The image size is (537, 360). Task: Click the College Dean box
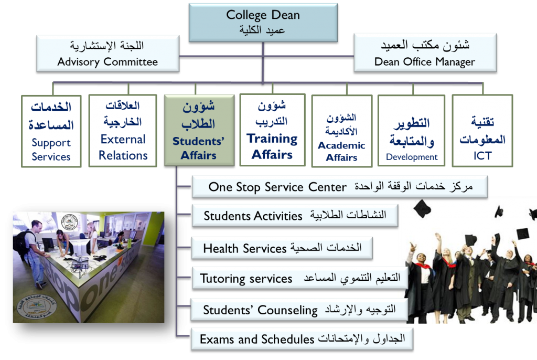point(263,23)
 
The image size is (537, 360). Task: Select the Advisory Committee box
point(108,54)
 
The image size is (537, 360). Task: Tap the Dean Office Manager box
point(425,53)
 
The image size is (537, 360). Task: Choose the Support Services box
point(51,131)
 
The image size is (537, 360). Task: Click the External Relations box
point(123,131)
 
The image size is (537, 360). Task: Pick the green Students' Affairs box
point(199,130)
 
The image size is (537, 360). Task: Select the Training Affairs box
point(272,130)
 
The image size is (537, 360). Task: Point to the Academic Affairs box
point(342,131)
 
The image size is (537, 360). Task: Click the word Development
point(412,157)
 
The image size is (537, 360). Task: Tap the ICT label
point(482,156)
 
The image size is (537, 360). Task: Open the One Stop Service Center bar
point(340,187)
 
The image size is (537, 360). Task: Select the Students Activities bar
point(295,216)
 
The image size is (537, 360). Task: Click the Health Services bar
point(282,248)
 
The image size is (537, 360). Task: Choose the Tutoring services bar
point(300,279)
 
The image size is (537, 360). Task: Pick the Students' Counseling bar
point(299,310)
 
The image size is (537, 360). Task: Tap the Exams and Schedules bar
point(302,339)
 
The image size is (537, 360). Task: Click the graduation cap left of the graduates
point(422,208)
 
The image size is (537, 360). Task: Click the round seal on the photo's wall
point(69,222)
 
